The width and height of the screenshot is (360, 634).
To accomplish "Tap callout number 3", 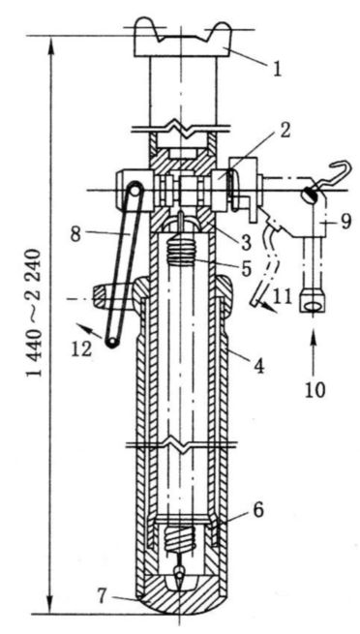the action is (x=244, y=241).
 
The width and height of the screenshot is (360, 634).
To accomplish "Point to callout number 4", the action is (x=258, y=365).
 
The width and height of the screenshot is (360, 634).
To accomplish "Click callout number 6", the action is (x=258, y=510).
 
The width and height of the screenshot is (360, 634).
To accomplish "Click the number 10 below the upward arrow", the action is (x=315, y=390).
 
